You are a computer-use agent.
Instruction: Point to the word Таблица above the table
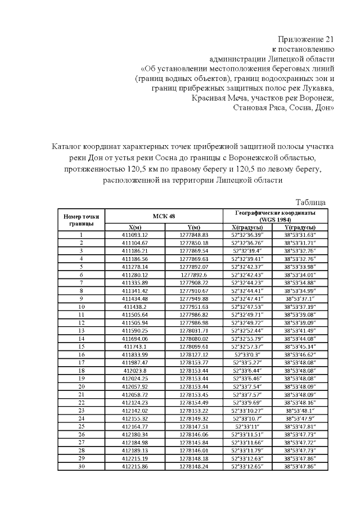310,202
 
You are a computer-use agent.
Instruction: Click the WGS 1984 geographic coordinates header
275,216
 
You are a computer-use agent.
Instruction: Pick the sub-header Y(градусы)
299,227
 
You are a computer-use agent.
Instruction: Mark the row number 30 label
82,466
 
